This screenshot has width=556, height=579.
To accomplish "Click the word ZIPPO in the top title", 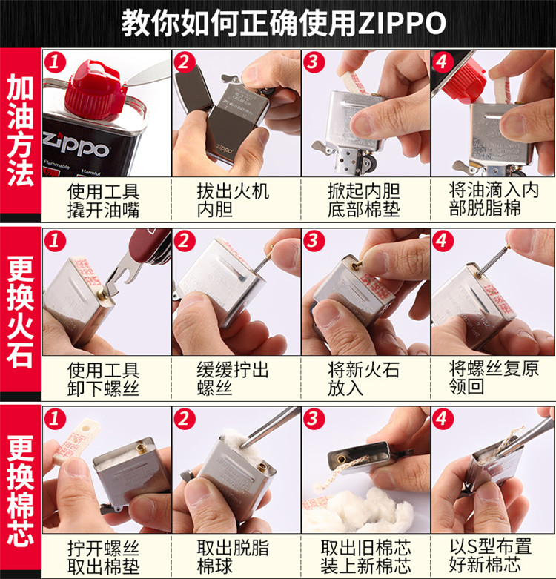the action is click(x=403, y=23).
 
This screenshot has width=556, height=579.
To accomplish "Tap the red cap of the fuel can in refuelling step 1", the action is click(x=94, y=91).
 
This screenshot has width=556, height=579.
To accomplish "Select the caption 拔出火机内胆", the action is click(x=233, y=199).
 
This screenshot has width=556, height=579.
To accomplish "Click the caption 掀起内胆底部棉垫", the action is click(x=364, y=199).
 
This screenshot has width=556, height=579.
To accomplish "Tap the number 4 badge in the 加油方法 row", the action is click(x=443, y=62).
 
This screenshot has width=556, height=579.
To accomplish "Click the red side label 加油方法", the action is click(x=20, y=130).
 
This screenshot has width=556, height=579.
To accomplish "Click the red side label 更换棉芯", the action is click(x=20, y=490).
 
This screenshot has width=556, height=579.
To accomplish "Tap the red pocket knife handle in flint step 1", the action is click(x=151, y=245).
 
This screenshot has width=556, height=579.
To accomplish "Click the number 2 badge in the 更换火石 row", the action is click(x=184, y=241).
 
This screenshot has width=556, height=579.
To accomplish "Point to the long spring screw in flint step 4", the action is click(x=493, y=260).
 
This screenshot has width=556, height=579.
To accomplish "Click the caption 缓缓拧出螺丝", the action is click(x=233, y=379).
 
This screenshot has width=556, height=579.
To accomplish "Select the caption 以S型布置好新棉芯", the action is click(x=490, y=555).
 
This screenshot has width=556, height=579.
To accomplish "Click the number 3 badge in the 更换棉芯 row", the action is click(x=314, y=418).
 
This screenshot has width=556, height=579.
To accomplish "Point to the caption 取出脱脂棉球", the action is click(x=233, y=556).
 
